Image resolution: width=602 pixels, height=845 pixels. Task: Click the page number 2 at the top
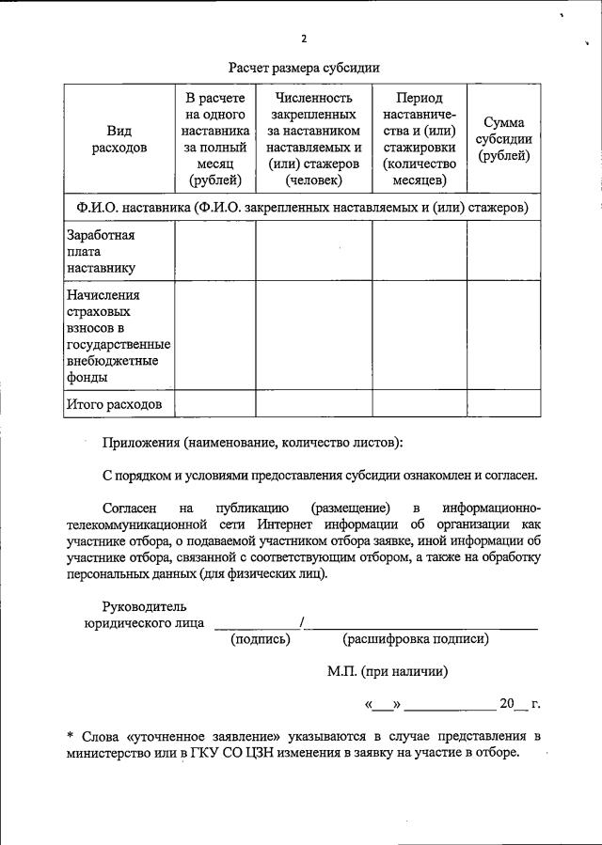[304, 39]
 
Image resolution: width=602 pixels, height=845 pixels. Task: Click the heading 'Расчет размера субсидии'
[304, 68]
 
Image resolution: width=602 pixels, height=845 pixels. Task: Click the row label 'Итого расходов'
[114, 404]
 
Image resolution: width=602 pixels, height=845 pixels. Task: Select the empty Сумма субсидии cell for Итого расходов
[504, 404]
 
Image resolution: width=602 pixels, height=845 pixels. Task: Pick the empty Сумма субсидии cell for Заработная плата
[504, 250]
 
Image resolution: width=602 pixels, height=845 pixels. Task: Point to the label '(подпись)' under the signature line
[261, 639]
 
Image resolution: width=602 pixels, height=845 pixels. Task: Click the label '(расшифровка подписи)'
[415, 639]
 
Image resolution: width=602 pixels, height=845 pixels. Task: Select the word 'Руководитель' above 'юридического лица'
[145, 606]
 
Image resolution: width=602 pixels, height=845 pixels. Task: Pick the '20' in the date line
[508, 703]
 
